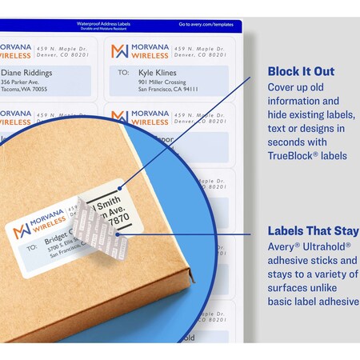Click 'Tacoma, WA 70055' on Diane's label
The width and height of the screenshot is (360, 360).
pos(24,90)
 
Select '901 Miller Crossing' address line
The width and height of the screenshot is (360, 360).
pos(162,82)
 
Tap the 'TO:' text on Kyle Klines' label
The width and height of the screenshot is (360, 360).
pos(122,72)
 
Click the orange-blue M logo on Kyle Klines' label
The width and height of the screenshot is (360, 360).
pos(119,51)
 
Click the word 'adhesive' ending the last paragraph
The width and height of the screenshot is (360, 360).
pos(332,301)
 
